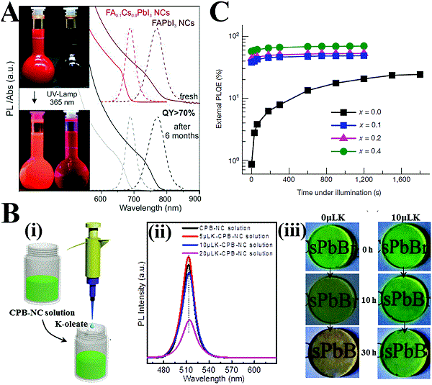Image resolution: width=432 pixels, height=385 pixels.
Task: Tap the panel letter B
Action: coord(11,214)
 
